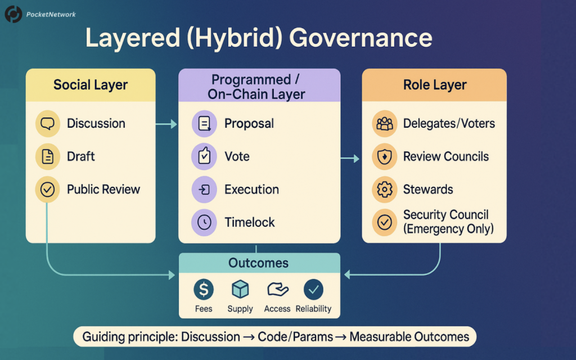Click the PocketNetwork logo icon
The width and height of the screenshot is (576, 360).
(13, 14)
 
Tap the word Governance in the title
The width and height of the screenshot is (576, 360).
(361, 38)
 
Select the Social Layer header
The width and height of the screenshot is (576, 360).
(91, 85)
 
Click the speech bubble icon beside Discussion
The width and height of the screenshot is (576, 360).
(47, 123)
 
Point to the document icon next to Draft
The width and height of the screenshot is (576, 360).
(47, 156)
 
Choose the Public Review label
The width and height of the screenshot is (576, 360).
(103, 189)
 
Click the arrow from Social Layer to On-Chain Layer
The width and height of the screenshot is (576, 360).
(166, 124)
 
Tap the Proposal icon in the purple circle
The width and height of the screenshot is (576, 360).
(204, 123)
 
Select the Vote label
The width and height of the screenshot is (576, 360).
(237, 156)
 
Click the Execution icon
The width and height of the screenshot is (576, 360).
(204, 190)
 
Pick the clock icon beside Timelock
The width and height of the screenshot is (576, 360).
(204, 222)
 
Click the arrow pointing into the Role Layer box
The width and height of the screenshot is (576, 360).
(350, 158)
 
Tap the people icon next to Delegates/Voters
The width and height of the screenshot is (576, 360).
(385, 124)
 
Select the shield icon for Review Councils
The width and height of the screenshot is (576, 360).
(385, 157)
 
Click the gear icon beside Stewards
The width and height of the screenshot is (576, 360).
(385, 190)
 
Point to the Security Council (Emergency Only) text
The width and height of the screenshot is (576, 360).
(448, 222)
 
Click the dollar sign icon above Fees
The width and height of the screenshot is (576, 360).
(204, 290)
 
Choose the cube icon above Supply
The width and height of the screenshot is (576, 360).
(240, 289)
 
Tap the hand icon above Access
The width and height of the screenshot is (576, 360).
(278, 290)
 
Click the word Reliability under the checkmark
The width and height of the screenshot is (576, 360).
(313, 309)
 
